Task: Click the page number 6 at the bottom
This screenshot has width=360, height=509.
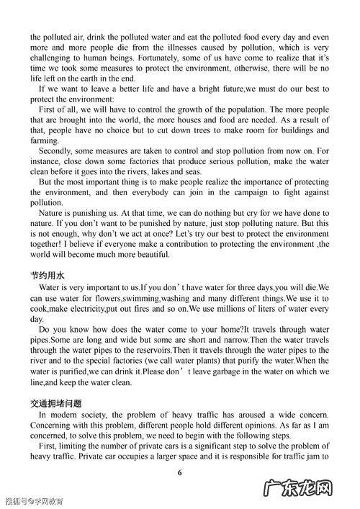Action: coord(180,471)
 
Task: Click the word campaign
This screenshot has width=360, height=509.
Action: coord(243,193)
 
